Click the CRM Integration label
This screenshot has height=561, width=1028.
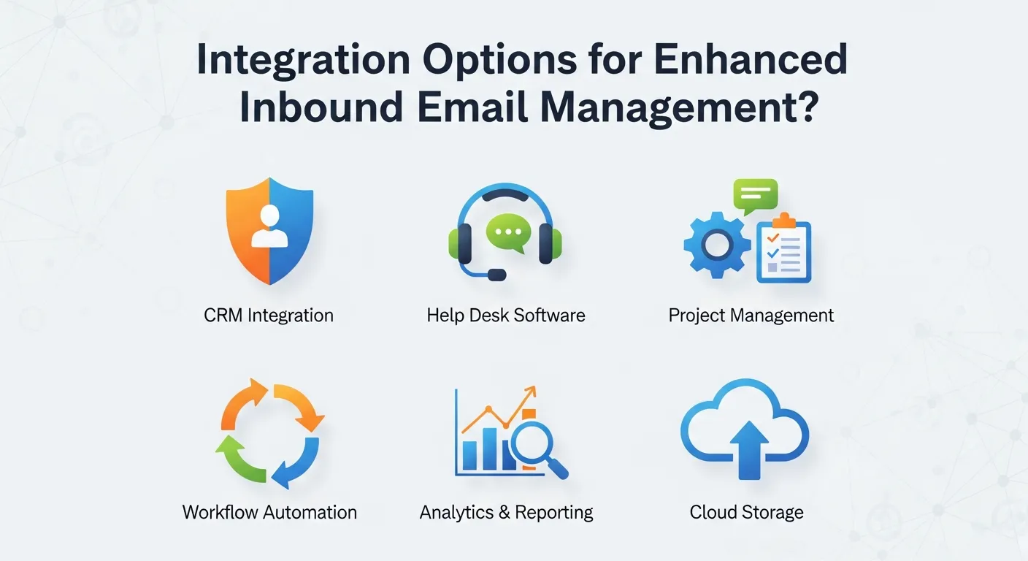pyautogui.click(x=269, y=316)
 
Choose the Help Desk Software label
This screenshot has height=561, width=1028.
pyautogui.click(x=506, y=316)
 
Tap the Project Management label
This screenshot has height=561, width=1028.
pyautogui.click(x=751, y=316)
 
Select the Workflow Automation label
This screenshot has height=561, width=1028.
pyautogui.click(x=269, y=511)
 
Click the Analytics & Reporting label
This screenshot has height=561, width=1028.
pyautogui.click(x=506, y=511)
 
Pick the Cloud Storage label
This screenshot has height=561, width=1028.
pyautogui.click(x=746, y=511)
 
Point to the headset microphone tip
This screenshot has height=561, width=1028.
pyautogui.click(x=496, y=275)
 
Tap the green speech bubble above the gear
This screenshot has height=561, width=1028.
pyautogui.click(x=755, y=195)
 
